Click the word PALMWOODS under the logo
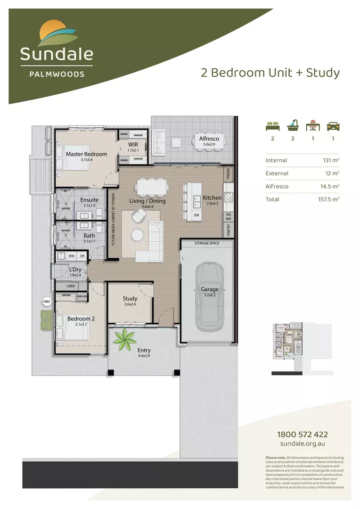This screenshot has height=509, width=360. click(x=57, y=74)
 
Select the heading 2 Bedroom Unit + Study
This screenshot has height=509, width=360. click(x=270, y=73)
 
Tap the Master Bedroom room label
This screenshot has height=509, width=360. click(x=86, y=154)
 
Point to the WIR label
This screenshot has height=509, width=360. click(x=132, y=145)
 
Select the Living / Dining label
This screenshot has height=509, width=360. click(x=147, y=201)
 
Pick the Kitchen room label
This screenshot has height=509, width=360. click(x=212, y=198)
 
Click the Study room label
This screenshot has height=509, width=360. click(x=130, y=298)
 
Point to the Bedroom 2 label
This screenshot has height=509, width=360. click(x=81, y=319)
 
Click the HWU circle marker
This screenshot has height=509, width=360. click(x=46, y=302)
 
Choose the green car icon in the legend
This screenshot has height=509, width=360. click(x=333, y=126)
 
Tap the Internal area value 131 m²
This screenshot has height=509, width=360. click(x=329, y=160)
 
